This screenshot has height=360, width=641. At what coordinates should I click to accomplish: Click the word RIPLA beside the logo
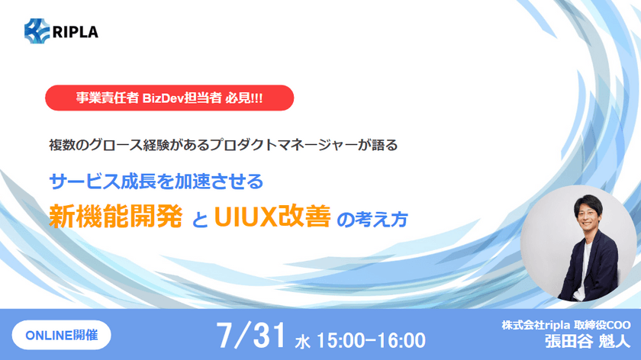76,31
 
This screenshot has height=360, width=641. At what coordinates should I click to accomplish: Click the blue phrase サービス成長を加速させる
156,182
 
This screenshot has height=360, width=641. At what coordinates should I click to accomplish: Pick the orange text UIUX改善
272,217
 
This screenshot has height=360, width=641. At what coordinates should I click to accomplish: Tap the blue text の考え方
372,219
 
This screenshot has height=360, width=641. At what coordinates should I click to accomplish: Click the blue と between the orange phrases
201,220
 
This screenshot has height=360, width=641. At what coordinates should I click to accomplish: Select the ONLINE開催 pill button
61,334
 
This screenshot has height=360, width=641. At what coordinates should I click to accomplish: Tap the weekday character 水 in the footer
303,338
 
